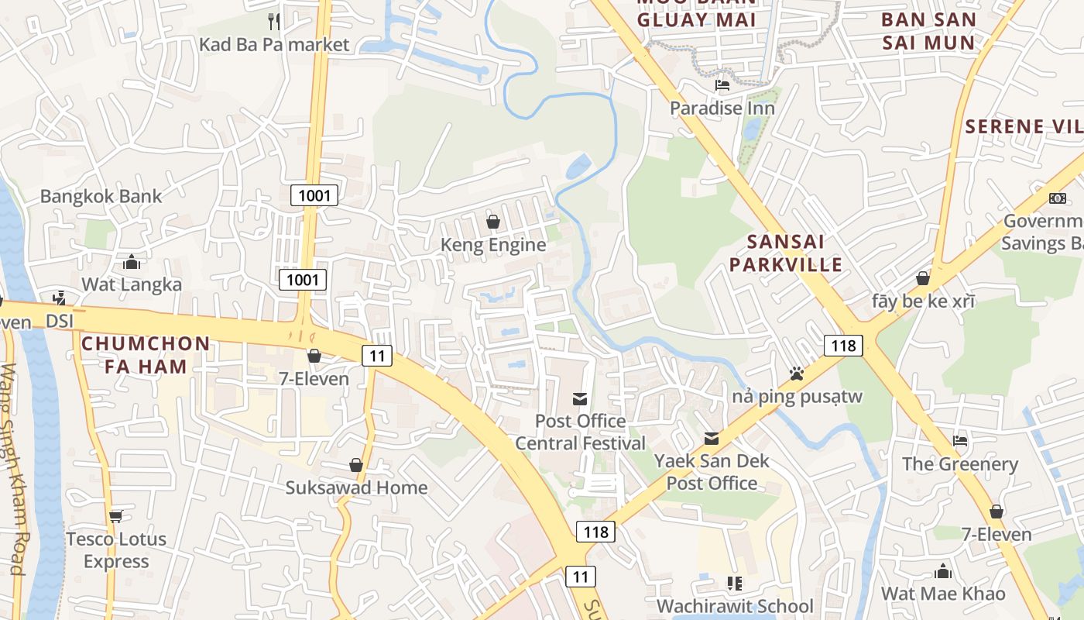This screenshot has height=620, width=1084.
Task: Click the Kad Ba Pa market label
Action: tap(274, 44)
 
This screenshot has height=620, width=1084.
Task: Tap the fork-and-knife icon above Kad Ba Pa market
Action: tap(273, 20)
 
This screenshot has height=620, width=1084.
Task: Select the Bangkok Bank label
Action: tap(101, 196)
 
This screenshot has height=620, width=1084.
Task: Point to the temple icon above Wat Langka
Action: tap(132, 261)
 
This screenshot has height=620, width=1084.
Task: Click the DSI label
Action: tap(59, 320)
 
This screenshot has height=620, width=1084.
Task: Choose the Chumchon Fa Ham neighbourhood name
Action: tap(146, 354)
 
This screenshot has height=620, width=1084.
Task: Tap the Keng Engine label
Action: tap(493, 245)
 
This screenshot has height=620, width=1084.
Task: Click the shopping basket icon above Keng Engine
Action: tap(492, 222)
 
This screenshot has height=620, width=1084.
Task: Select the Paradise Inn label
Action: tap(722, 108)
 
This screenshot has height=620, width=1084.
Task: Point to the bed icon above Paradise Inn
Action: tap(722, 84)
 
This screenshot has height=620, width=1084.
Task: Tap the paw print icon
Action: tap(797, 374)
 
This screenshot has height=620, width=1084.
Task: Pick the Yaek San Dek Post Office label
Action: tap(712, 472)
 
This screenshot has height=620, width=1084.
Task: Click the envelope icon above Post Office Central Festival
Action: tap(579, 399)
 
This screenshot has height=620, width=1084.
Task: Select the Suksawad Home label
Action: tap(356, 487)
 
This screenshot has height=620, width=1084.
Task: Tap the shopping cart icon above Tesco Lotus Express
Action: tap(116, 515)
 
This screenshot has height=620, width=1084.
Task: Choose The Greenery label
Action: tap(960, 464)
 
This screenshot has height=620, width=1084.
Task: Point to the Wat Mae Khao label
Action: tap(943, 594)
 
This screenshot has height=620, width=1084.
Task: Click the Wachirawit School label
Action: tap(735, 605)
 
